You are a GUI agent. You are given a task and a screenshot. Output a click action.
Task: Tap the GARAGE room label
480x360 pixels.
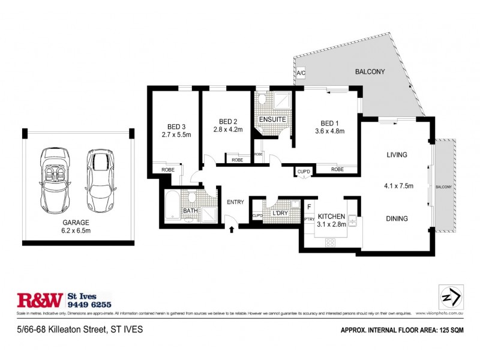pos(76,221)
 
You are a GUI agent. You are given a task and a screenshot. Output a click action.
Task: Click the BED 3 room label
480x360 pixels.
pos(176,127)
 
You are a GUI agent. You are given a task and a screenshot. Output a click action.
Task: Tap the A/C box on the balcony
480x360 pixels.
pos(301,73)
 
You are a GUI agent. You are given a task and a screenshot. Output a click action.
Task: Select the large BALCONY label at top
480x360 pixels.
pos(370,72)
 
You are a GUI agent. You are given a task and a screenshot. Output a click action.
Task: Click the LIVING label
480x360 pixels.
pos(397,155)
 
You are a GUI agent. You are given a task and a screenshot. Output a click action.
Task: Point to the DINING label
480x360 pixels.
pos(397,218)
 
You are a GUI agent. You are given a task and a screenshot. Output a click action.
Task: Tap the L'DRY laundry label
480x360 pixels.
pos(280,214)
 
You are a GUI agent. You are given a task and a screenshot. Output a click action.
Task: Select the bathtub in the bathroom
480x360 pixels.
pos(172,206)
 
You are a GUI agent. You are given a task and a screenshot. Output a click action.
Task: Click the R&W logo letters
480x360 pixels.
pos(40,299)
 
